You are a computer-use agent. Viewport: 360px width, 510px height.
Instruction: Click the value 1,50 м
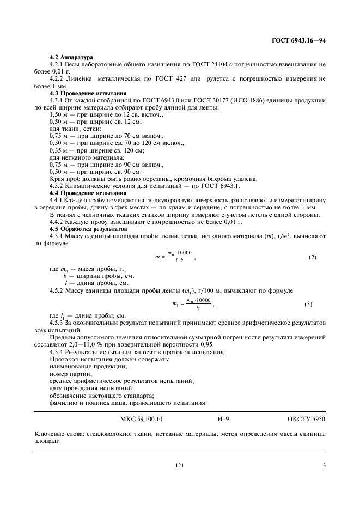coord(59,115)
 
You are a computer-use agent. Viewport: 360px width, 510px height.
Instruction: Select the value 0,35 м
coord(59,150)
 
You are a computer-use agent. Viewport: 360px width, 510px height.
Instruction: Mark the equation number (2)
coord(312,257)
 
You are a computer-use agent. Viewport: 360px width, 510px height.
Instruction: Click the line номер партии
coord(68,374)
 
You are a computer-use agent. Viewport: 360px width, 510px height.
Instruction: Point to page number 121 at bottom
coord(179,465)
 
